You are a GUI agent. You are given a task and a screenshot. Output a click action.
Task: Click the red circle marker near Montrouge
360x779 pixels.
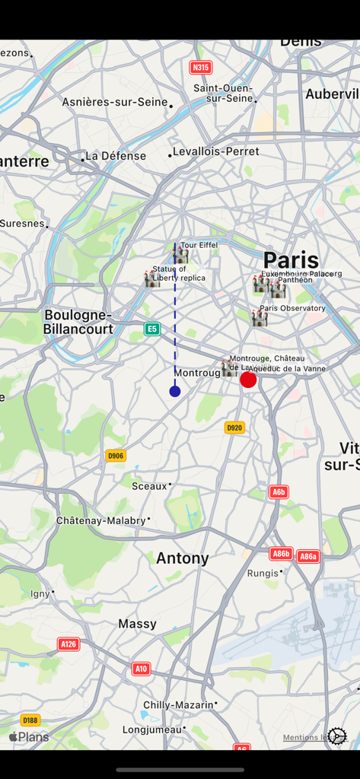[248, 380]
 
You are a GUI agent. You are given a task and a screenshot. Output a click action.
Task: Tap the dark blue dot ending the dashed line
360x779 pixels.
[175, 391]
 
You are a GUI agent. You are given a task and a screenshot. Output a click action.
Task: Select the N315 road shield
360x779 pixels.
[200, 68]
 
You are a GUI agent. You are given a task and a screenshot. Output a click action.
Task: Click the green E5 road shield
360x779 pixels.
[152, 329]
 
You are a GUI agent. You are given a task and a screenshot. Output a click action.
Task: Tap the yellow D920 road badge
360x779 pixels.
[234, 428]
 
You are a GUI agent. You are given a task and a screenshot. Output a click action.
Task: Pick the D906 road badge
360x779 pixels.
[116, 456]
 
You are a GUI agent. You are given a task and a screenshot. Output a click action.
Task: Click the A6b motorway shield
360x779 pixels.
[279, 492]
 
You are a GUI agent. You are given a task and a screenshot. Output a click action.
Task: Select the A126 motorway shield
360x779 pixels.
[68, 644]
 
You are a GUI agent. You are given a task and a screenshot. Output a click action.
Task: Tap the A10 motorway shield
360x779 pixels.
[141, 669]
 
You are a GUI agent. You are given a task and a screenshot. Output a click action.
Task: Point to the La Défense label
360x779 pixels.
[115, 156]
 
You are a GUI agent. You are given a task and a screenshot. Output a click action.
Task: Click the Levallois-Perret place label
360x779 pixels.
[216, 151]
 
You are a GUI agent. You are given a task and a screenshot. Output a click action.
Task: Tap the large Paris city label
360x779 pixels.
[291, 260]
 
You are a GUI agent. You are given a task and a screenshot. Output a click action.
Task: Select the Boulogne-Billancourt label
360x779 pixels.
[78, 322]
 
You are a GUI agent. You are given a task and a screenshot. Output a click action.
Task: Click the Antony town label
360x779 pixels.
[183, 558]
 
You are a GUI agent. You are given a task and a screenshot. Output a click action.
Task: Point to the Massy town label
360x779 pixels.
[137, 624]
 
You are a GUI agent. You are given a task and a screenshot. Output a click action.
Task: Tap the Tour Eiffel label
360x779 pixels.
[199, 245]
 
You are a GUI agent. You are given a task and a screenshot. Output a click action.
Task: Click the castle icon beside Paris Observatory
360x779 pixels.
[260, 318]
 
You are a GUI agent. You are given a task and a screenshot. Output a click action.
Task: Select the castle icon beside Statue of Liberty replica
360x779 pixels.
[152, 278]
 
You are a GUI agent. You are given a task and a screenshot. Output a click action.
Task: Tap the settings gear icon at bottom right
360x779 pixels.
[337, 736]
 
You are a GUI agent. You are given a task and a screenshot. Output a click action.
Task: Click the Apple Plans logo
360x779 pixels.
[29, 736]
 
